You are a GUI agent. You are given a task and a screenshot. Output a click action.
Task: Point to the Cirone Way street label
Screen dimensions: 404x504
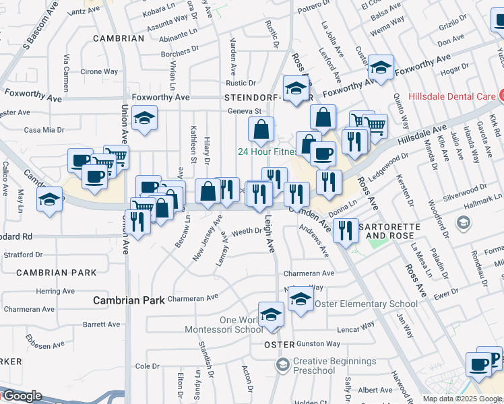click(99, 72)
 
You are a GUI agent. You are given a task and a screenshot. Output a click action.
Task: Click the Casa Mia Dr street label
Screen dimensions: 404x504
click(44, 130)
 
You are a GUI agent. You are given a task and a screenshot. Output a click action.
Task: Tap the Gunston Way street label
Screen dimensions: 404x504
click(317, 344)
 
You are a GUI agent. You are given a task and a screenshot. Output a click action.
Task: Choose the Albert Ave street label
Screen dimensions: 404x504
click(375, 390)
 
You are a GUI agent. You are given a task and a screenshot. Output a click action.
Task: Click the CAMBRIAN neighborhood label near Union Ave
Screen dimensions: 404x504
click(119, 38)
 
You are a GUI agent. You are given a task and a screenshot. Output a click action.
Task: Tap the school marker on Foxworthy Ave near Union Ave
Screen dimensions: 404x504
click(144, 119)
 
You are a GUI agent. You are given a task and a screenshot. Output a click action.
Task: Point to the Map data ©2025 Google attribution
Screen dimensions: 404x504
click(462, 399)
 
